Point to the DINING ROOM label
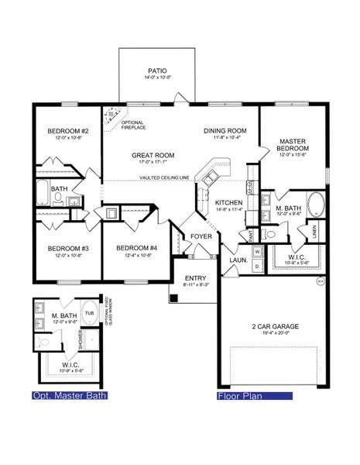225,130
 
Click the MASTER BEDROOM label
294,145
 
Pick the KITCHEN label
229,202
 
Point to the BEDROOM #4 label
132,248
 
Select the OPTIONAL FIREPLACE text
133,124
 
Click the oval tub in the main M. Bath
317,206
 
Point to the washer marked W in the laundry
255,251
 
